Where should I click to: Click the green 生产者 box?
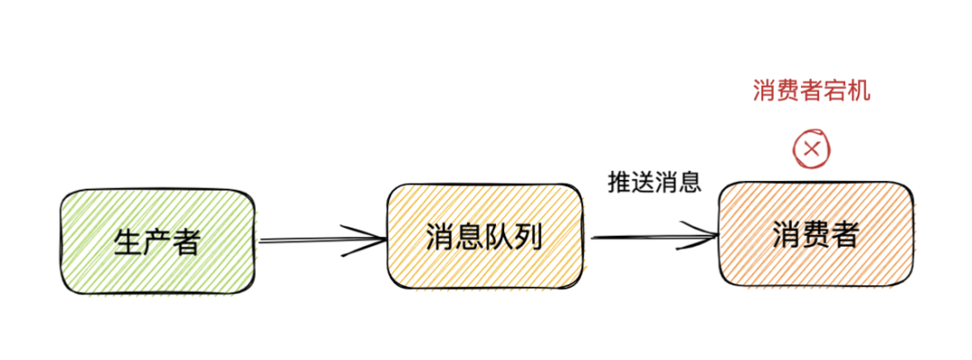click(157, 240)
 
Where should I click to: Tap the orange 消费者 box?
click(815, 235)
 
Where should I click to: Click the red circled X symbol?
click(812, 149)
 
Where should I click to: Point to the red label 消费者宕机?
click(811, 91)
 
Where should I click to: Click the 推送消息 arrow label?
click(654, 183)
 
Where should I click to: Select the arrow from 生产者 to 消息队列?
click(319, 240)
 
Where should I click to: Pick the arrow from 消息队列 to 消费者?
click(652, 238)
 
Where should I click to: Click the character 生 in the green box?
click(128, 241)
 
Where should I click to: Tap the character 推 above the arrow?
click(620, 183)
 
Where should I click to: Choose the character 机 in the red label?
click(859, 91)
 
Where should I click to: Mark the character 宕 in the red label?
click(834, 91)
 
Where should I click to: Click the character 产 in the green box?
click(157, 241)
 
